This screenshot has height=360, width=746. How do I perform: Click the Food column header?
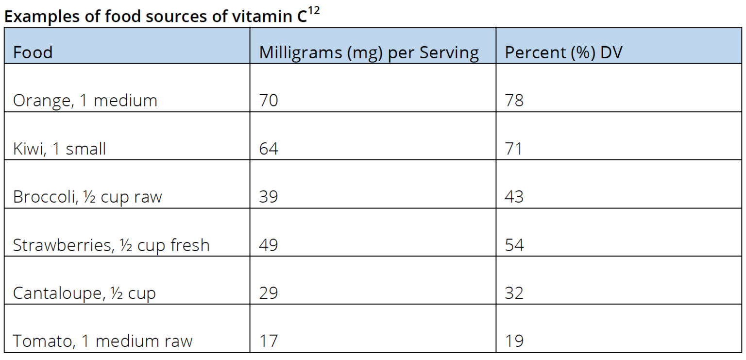coord(33,52)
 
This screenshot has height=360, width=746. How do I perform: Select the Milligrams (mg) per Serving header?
coord(369,52)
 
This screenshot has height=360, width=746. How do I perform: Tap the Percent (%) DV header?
coord(563,52)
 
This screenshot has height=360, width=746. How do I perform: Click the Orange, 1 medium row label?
coord(85,101)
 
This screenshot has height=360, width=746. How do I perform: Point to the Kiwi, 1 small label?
coord(59,149)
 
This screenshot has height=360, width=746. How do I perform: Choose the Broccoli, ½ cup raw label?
coord(87,197)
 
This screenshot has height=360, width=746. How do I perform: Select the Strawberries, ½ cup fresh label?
coord(111,245)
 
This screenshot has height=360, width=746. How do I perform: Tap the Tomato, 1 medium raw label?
coord(102,341)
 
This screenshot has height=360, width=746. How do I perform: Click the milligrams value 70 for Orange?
coord(269,101)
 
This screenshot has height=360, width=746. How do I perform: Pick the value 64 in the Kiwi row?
coord(269,149)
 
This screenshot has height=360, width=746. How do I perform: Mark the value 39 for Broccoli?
coord(269,197)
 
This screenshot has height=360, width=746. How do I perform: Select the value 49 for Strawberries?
coord(269,245)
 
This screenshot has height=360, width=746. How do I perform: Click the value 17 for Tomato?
coord(269,341)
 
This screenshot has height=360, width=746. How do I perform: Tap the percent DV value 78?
coord(514,101)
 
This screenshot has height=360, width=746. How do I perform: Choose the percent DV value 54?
coord(514,245)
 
